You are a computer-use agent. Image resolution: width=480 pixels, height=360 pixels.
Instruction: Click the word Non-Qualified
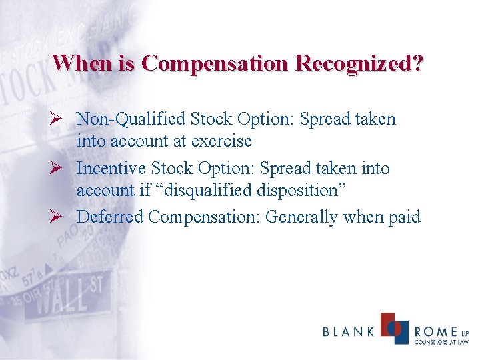coord(131,119)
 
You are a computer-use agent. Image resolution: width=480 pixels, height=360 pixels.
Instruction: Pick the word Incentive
coord(110,169)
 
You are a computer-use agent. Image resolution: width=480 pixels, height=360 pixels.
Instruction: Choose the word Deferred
coord(109,217)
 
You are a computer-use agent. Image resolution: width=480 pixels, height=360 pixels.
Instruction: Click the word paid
coord(402,217)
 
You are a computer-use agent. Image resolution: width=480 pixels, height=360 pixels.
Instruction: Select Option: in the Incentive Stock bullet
coord(221,169)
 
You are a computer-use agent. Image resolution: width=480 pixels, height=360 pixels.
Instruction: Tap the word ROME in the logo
coord(435,332)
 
